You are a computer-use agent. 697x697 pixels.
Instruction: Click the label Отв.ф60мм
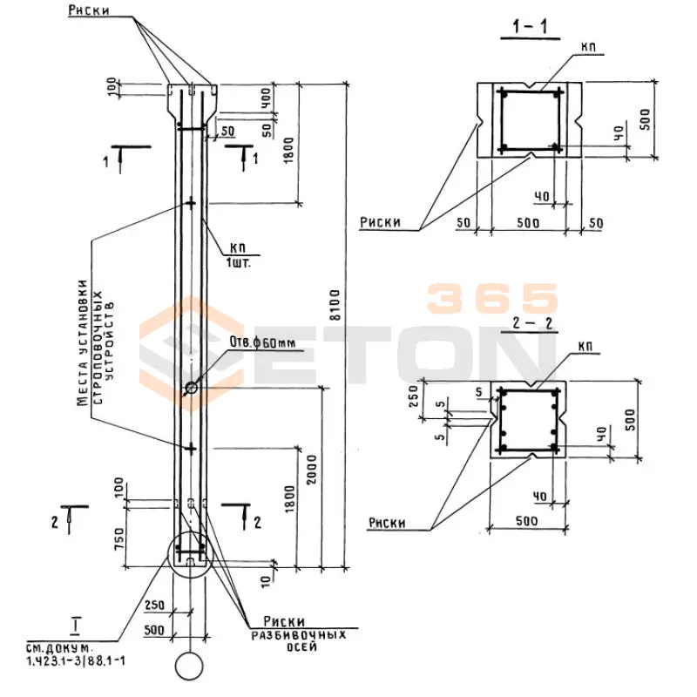click(261, 342)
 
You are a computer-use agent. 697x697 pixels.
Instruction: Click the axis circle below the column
click(189, 667)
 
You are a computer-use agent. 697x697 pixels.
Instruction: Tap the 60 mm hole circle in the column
click(190, 386)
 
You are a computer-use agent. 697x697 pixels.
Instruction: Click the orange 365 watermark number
click(492, 299)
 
